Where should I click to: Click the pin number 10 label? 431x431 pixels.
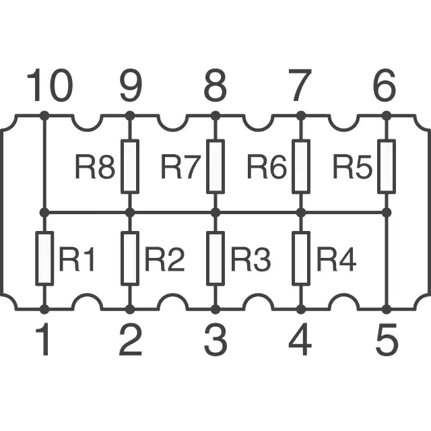click(50, 85)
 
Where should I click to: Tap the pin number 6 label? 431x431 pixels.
click(385, 85)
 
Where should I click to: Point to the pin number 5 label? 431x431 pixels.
click(387, 339)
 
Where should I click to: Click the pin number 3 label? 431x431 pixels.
click(215, 339)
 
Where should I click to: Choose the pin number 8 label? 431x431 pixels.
click(215, 85)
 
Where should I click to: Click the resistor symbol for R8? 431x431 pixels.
click(130, 166)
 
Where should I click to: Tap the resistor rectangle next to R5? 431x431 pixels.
click(387, 166)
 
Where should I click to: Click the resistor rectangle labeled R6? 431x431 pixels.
click(301, 166)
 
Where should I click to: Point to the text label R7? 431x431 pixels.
click(180, 166)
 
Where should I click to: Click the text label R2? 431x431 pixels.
click(164, 259)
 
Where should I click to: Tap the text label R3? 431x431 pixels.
click(251, 259)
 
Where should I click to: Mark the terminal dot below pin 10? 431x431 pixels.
click(44, 116)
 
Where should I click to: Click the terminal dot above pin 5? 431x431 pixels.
click(387, 309)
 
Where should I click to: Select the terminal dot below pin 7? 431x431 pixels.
click(301, 116)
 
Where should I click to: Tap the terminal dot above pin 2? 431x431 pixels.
click(130, 309)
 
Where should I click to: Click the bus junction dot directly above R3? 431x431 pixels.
click(215, 213)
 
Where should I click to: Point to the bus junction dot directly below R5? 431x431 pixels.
click(387, 213)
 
